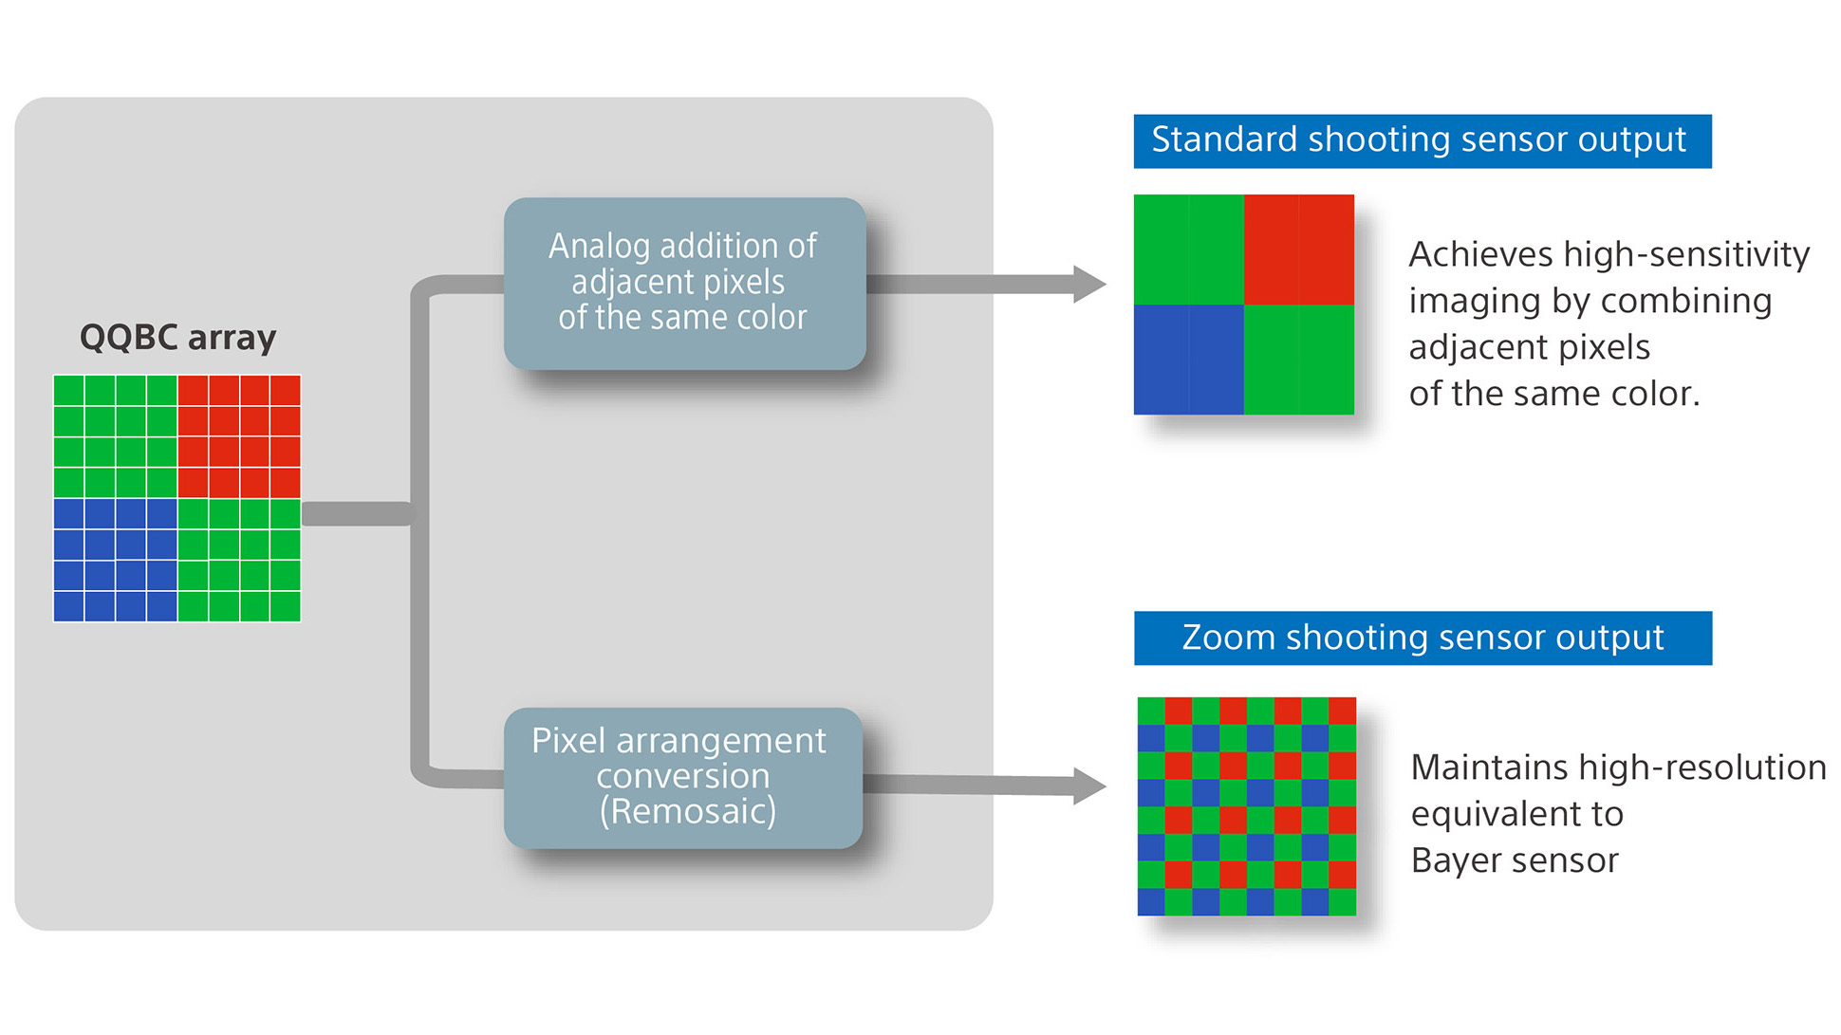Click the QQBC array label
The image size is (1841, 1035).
177,338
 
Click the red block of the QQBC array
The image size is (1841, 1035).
239,436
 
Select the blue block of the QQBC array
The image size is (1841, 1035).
115,560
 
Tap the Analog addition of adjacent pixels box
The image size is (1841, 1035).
684,283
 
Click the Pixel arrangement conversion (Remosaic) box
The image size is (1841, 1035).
682,777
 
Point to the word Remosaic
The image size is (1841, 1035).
688,812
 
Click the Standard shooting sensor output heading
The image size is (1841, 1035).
1421,140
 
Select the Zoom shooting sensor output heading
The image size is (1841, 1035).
1422,638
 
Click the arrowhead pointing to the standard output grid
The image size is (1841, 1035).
1090,284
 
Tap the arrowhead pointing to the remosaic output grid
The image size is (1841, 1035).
1090,785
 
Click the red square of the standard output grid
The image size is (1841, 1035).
1298,250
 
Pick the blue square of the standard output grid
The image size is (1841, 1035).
1188,360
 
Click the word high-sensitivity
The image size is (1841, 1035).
1686,254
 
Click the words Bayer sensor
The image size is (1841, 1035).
1514,860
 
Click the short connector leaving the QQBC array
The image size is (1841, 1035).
357,513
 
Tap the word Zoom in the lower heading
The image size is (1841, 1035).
1228,638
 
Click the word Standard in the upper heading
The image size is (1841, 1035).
1223,140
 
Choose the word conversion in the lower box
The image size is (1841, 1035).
682,777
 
